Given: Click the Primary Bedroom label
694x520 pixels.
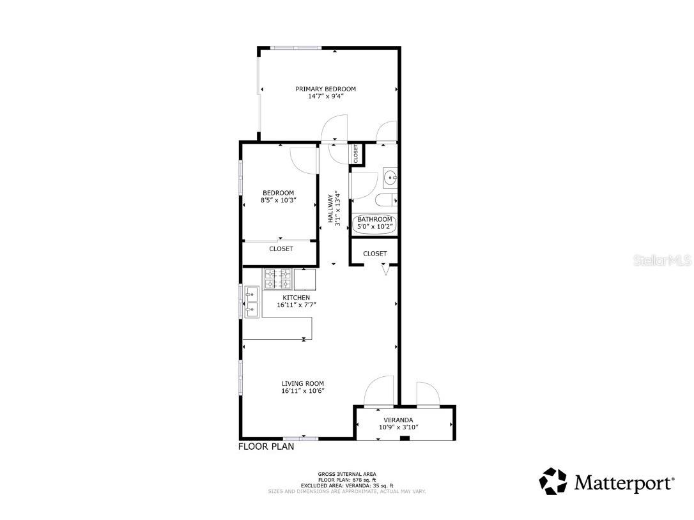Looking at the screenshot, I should click(325, 89).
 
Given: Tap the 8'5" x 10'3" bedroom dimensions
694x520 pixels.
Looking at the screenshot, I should click(278, 201).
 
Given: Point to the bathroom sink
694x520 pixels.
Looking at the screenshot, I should click(390, 177).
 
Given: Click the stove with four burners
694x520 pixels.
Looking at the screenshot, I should click(277, 279).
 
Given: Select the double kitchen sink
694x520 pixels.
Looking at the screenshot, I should click(251, 303).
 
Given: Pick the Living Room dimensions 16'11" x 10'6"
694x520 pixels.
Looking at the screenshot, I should click(303, 391).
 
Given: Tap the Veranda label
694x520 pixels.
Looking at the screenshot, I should click(398, 420).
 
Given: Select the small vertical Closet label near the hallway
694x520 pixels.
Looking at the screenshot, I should click(356, 153).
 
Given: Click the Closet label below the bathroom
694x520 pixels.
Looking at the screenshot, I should click(374, 254).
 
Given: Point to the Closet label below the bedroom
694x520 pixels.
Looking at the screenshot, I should click(281, 249).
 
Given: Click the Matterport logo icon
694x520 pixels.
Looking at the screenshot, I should click(553, 481).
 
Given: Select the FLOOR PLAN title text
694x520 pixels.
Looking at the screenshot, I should click(266, 447).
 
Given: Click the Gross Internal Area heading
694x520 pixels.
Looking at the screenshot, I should click(346, 474).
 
